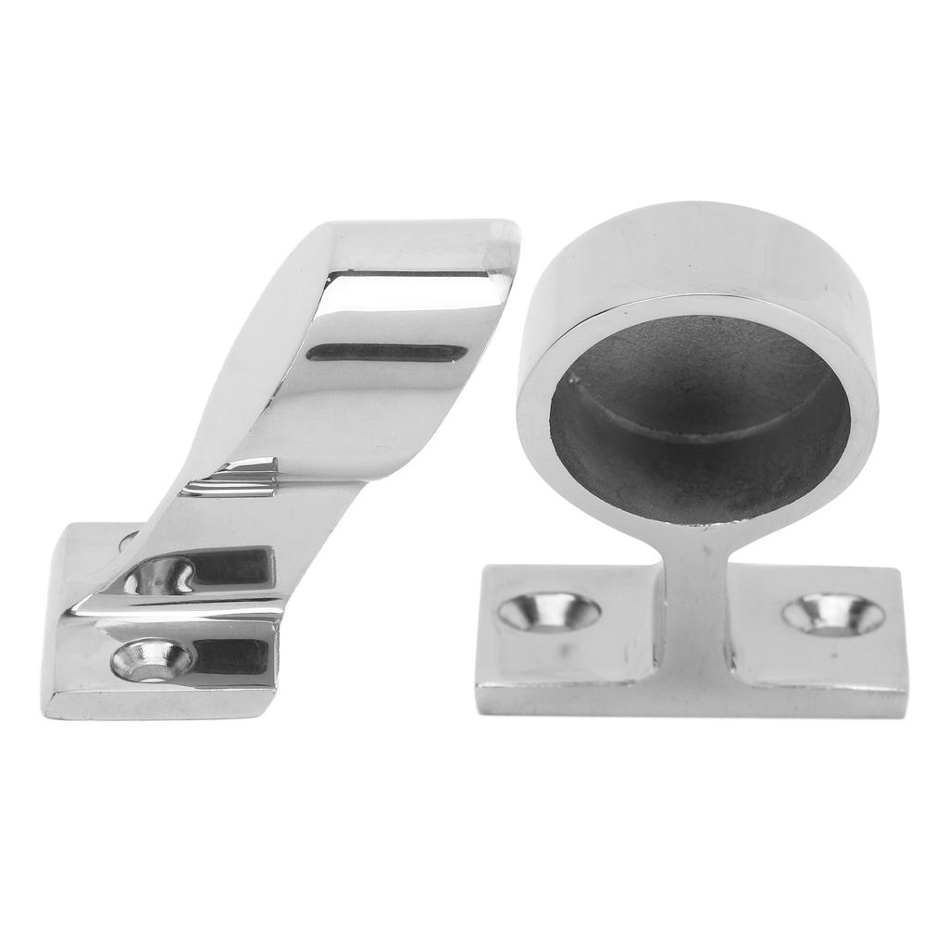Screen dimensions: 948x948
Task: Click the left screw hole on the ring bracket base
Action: [x=549, y=613]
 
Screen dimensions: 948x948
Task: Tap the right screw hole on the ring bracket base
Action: [x=832, y=614]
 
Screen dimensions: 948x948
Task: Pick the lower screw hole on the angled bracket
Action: [x=152, y=660]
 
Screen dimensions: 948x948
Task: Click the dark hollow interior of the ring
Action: [x=700, y=407]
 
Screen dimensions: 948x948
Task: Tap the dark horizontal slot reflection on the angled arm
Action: [x=387, y=353]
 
